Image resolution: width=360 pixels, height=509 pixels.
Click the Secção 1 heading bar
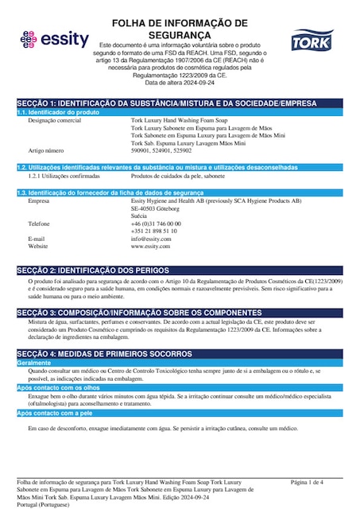180,103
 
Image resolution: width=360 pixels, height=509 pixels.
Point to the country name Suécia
140,216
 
